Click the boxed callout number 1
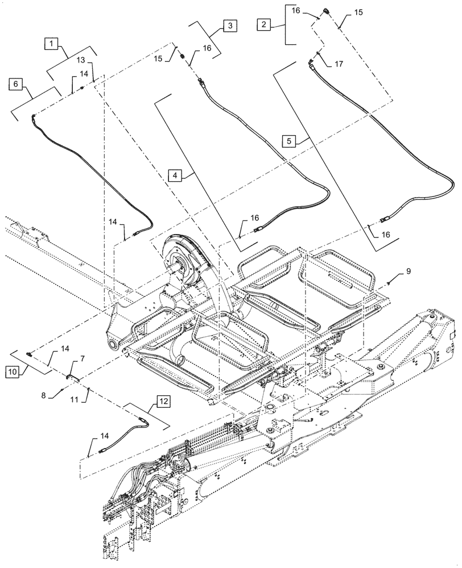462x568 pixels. pyautogui.click(x=52, y=43)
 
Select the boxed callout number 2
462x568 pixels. pyautogui.click(x=264, y=24)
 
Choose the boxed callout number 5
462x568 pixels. pyautogui.click(x=290, y=140)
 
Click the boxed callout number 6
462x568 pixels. pyautogui.click(x=16, y=84)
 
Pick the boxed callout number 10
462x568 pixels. pyautogui.click(x=13, y=372)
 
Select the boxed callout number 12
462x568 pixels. pyautogui.click(x=163, y=400)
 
